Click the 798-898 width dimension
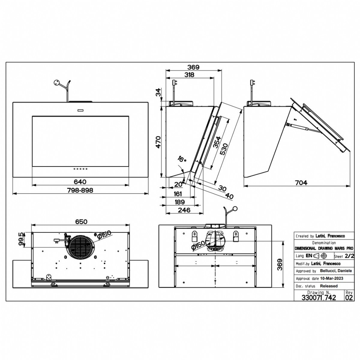click(80, 190)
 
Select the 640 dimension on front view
click(80, 182)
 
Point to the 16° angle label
click(181, 159)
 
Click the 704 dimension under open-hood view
click(301, 182)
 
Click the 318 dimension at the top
click(189, 75)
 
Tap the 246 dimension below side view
click(184, 210)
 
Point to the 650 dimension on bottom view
click(81, 222)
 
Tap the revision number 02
click(349, 297)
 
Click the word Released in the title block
click(329, 286)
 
